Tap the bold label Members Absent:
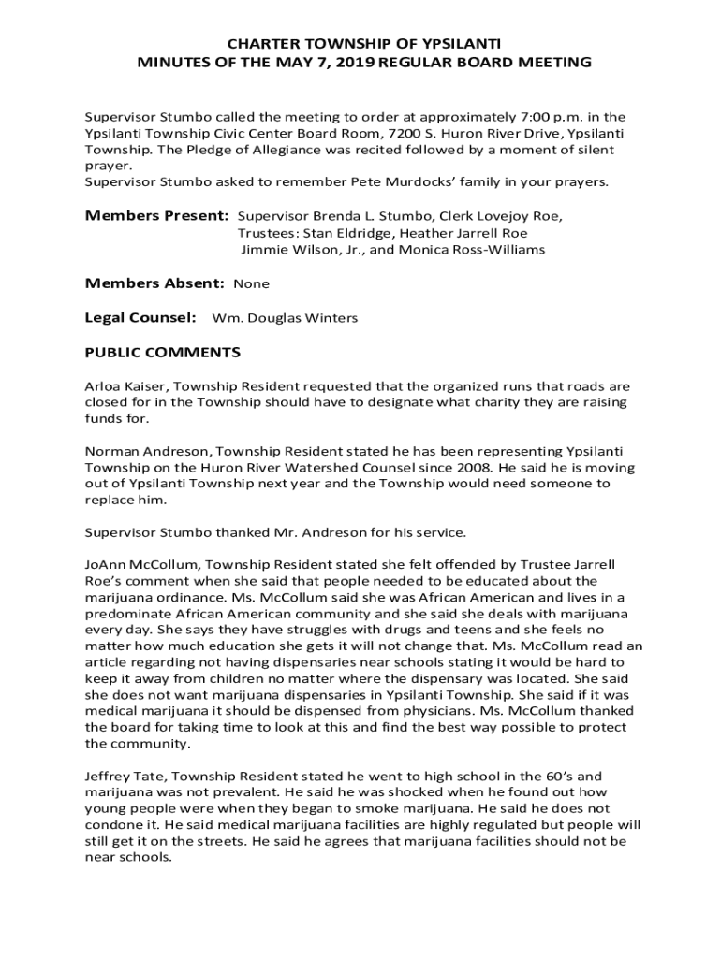coord(154,283)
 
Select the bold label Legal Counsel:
coord(140,318)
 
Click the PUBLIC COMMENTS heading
coord(163,353)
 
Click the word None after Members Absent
coord(251,283)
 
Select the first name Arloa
coord(103,386)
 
